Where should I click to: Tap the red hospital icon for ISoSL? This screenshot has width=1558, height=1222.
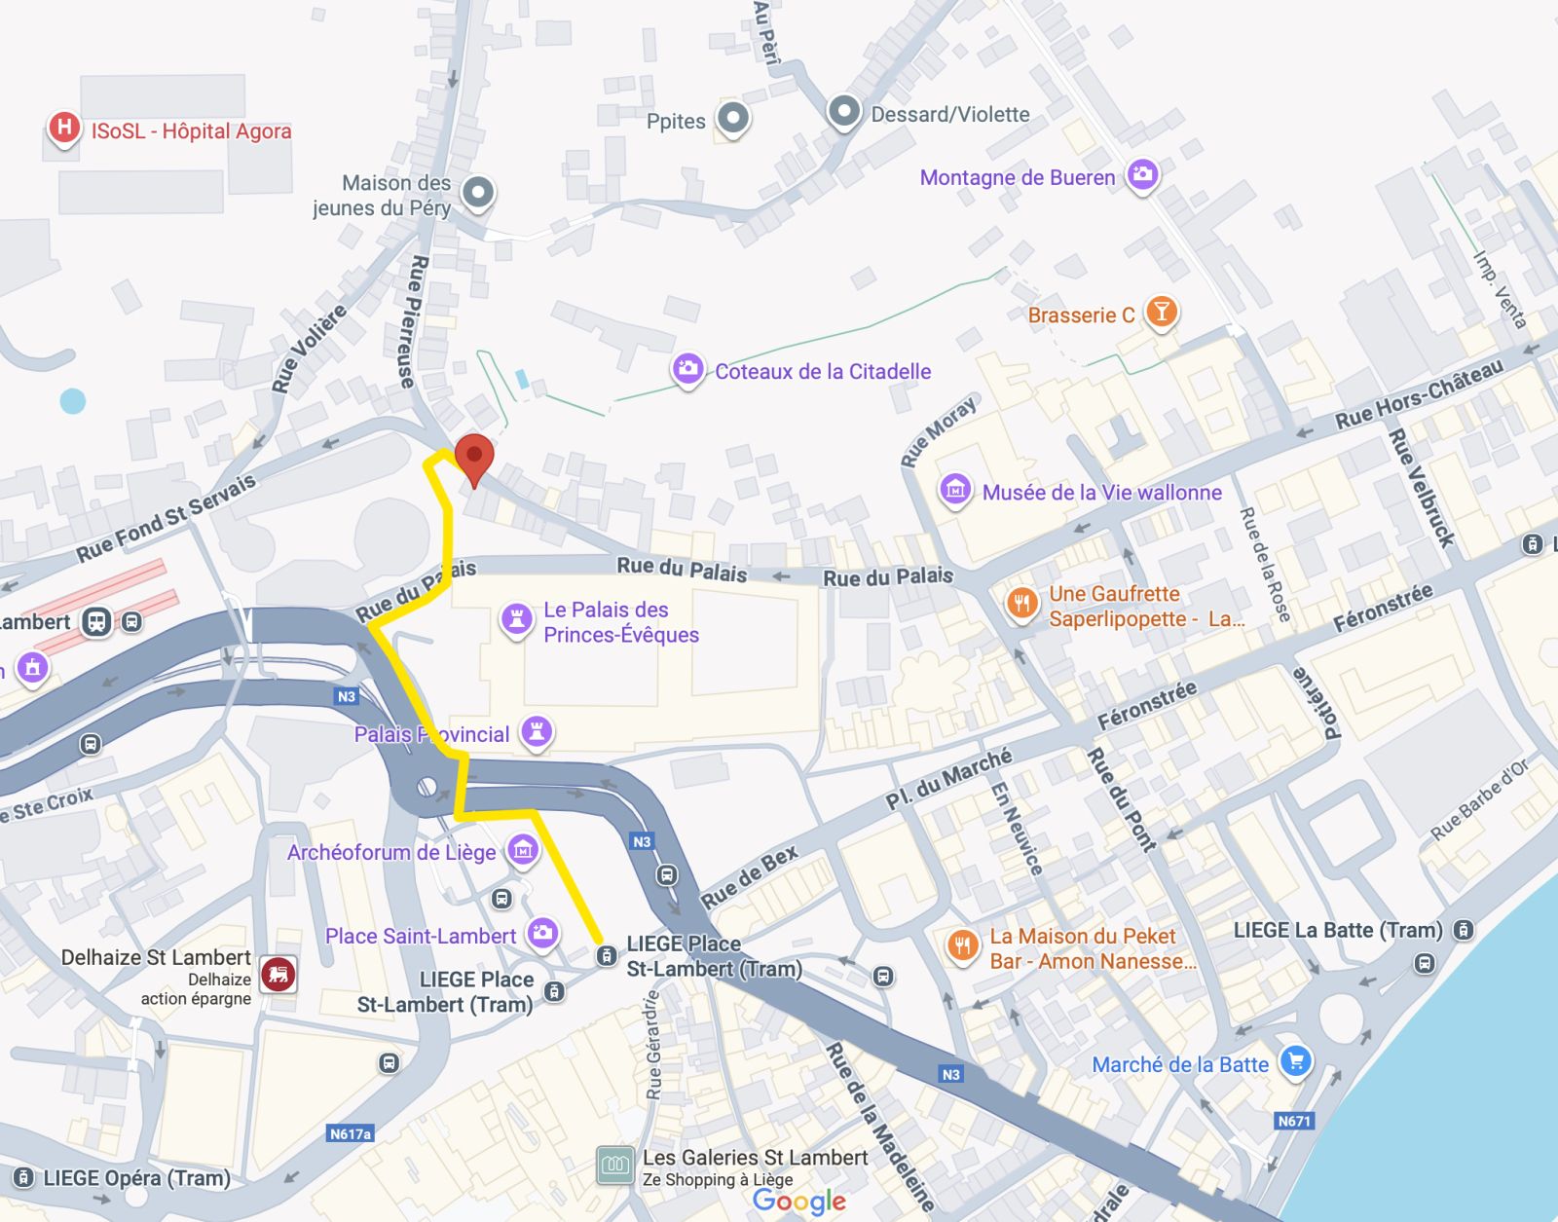tap(63, 128)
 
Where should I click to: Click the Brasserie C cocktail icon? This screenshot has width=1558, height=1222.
tap(1161, 313)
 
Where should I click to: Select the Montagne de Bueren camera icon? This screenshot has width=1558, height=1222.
tap(1142, 175)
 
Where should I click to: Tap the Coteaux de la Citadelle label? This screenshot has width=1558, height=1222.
tap(823, 371)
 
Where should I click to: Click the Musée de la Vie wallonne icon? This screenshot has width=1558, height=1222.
tap(955, 490)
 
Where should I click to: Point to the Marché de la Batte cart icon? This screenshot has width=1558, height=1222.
tap(1295, 1060)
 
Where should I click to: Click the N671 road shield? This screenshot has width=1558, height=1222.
tap(1294, 1121)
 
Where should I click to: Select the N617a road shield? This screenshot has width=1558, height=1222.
tap(351, 1133)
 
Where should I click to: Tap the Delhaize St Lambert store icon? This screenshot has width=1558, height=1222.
tap(278, 974)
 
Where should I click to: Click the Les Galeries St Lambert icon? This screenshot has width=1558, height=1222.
tap(614, 1165)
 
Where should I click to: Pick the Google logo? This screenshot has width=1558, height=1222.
tap(798, 1202)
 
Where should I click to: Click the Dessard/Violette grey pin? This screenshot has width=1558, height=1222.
tap(843, 112)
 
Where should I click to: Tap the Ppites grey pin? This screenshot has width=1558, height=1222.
tap(733, 119)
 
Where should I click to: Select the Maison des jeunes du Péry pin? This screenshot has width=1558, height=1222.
tap(478, 193)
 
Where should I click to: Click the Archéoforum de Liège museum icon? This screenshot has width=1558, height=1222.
tap(523, 850)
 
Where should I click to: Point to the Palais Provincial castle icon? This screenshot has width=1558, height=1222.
tap(536, 731)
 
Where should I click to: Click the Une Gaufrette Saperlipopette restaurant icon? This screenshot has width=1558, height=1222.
tap(1020, 604)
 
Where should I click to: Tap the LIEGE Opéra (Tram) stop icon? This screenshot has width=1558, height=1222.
tap(24, 1178)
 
